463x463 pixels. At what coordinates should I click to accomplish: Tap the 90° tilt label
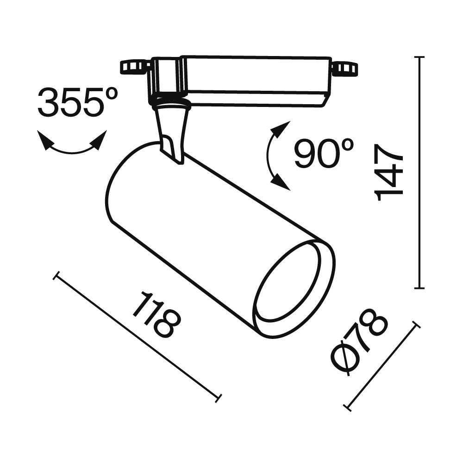[324, 154]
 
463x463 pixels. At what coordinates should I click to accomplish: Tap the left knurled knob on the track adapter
[134, 67]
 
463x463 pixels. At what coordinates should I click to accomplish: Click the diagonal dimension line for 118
[137, 336]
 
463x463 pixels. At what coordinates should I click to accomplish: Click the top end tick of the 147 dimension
[419, 57]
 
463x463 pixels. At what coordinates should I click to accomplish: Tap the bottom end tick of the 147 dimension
[419, 288]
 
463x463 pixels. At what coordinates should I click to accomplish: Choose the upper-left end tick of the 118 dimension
[56, 276]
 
